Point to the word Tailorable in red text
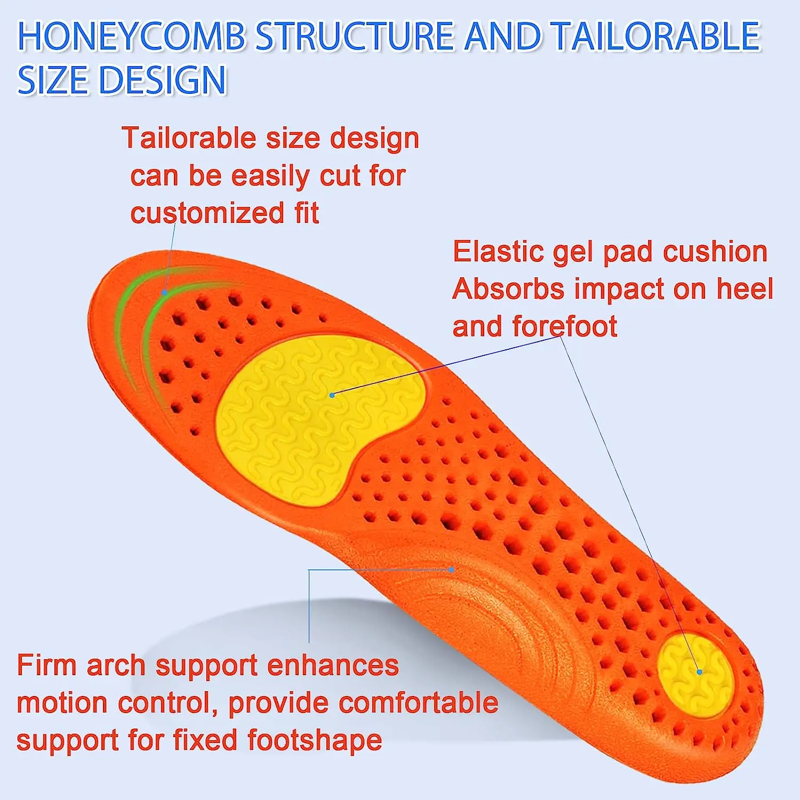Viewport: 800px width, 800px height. pos(189,138)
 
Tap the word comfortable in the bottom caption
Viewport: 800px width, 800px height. pos(418,703)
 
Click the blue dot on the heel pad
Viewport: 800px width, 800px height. pos(699,672)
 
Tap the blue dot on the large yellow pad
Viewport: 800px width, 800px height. pos(332,395)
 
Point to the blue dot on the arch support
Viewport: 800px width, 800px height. pos(452,570)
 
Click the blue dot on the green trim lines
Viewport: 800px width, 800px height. pos(165,292)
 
